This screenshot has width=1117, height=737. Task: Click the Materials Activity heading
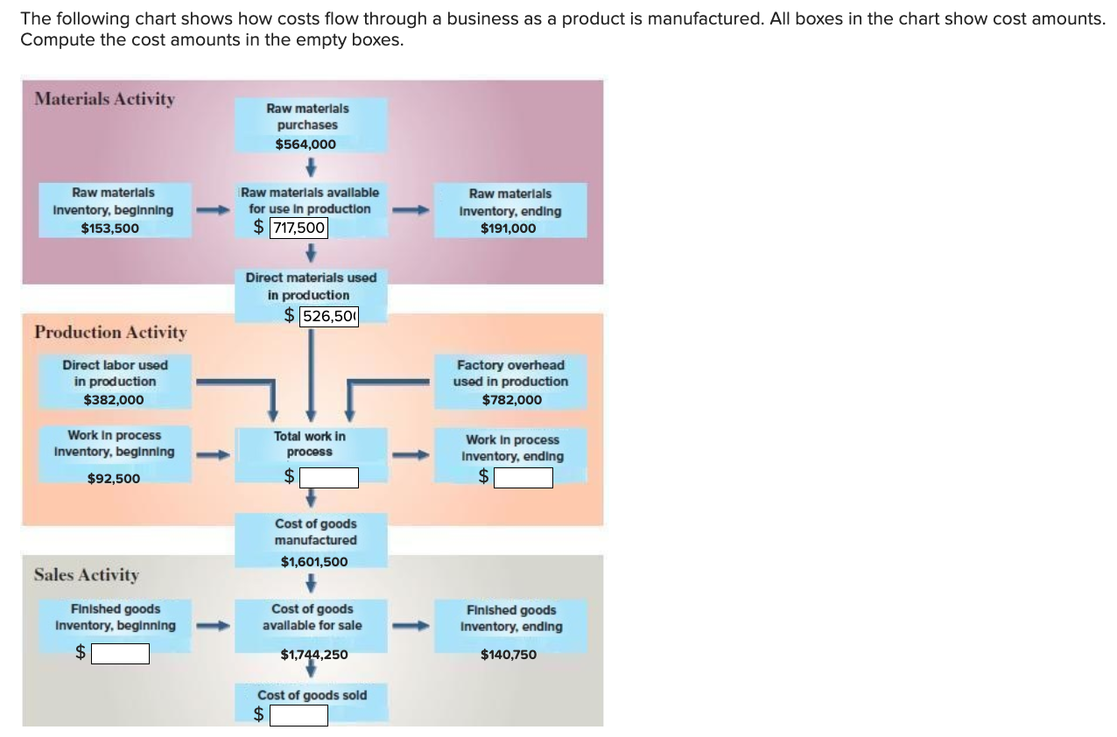pyautogui.click(x=104, y=99)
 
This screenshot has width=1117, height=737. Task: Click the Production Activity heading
pyautogui.click(x=110, y=333)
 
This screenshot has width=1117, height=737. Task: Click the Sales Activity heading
pyautogui.click(x=86, y=575)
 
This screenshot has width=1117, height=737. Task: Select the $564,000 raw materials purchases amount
pyautogui.click(x=306, y=144)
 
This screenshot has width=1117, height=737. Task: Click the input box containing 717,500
pyautogui.click(x=298, y=228)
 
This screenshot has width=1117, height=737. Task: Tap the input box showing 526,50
pyautogui.click(x=329, y=316)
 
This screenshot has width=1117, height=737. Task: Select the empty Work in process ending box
pyautogui.click(x=523, y=478)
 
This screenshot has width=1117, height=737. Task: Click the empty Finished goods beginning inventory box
pyautogui.click(x=120, y=654)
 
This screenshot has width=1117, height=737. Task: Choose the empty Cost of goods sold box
pyautogui.click(x=299, y=716)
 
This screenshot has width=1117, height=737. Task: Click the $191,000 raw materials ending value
pyautogui.click(x=508, y=228)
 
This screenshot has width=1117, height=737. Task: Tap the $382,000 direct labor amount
pyautogui.click(x=114, y=400)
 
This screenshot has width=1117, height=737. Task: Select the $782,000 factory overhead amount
pyautogui.click(x=511, y=400)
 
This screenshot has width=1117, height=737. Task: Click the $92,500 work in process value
pyautogui.click(x=114, y=479)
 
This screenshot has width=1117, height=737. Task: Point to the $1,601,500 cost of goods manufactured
pyautogui.click(x=314, y=562)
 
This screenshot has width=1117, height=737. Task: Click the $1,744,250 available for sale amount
pyautogui.click(x=314, y=654)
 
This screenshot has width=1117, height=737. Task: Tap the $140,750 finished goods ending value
pyautogui.click(x=509, y=654)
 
